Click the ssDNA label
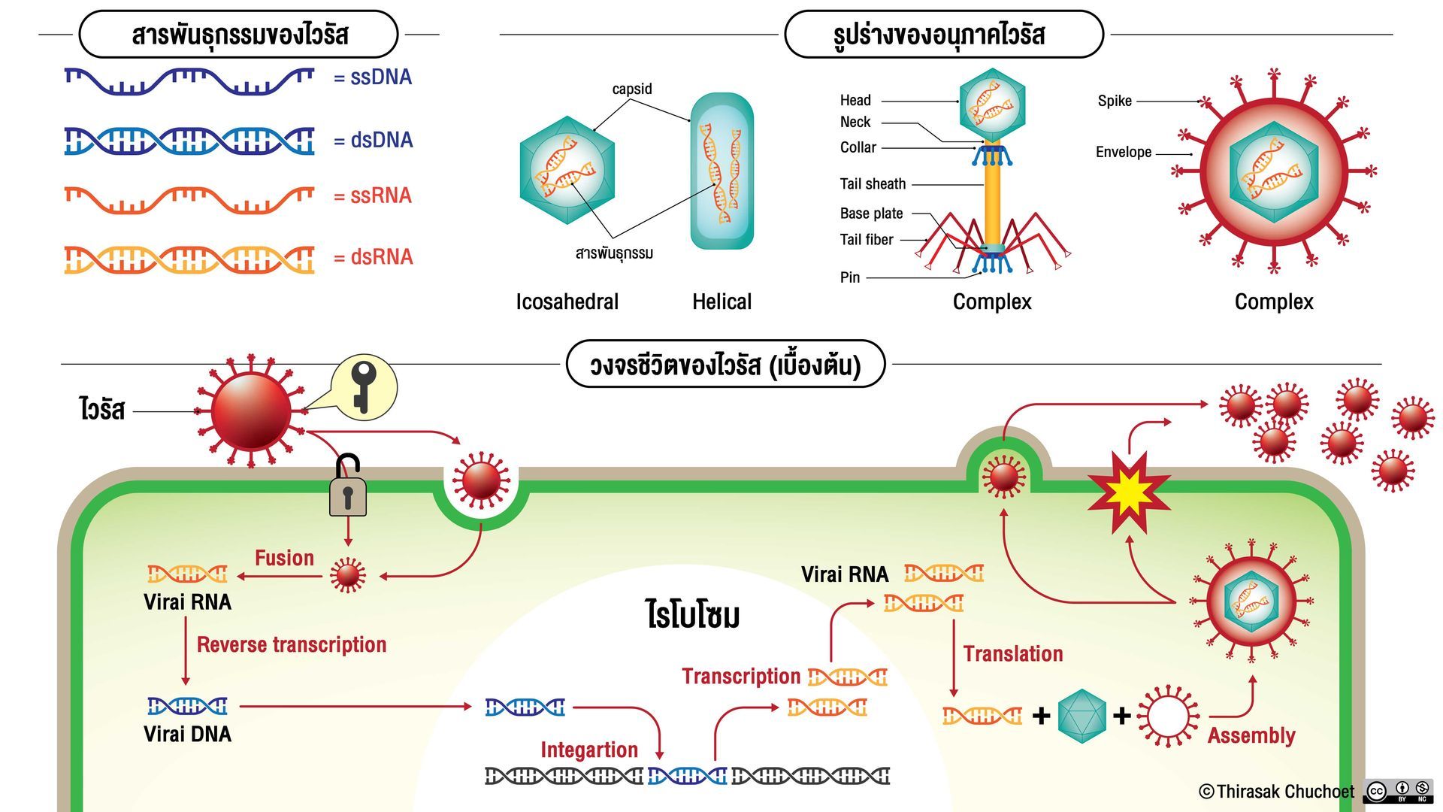tap(373, 77)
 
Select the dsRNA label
tap(373, 257)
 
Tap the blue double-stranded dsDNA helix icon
tap(189, 141)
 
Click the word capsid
tap(632, 89)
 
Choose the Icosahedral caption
tap(567, 301)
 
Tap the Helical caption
tap(721, 301)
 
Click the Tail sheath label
tap(873, 184)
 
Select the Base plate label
tap(872, 214)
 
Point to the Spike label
tap(1115, 101)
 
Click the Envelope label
tap(1124, 152)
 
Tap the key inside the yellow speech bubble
tap(363, 386)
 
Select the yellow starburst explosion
tap(1129, 492)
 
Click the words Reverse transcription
tap(292, 644)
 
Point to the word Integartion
tap(589, 750)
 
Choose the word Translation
tap(1013, 653)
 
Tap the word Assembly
tap(1251, 735)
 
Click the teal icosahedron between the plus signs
tap(1081, 716)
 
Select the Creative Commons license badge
tap(1398, 791)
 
